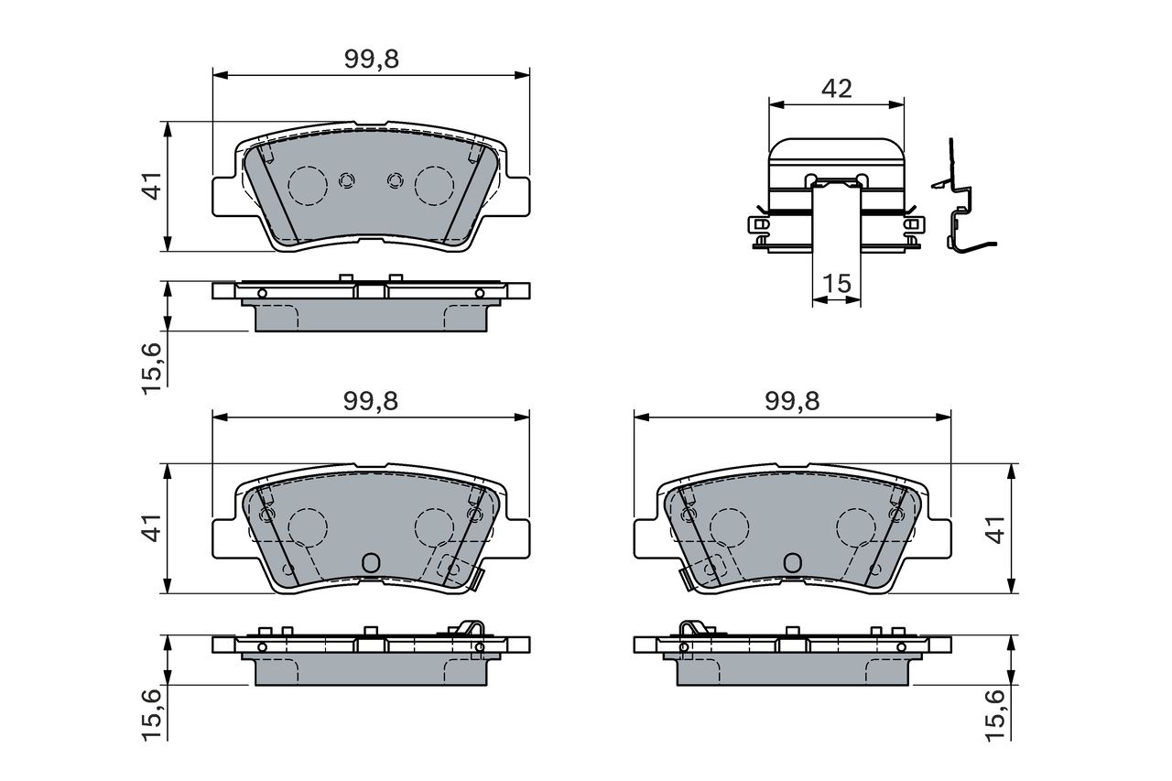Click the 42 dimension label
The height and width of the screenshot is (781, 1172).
(837, 89)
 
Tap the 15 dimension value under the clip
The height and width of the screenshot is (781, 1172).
(837, 284)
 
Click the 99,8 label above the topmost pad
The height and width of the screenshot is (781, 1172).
(372, 60)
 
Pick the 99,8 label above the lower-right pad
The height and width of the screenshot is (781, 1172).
(792, 401)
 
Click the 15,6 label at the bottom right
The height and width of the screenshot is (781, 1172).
(995, 716)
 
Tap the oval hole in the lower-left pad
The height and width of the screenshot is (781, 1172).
(371, 563)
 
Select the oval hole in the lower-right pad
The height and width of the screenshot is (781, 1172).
(793, 563)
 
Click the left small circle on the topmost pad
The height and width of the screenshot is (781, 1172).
(346, 180)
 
